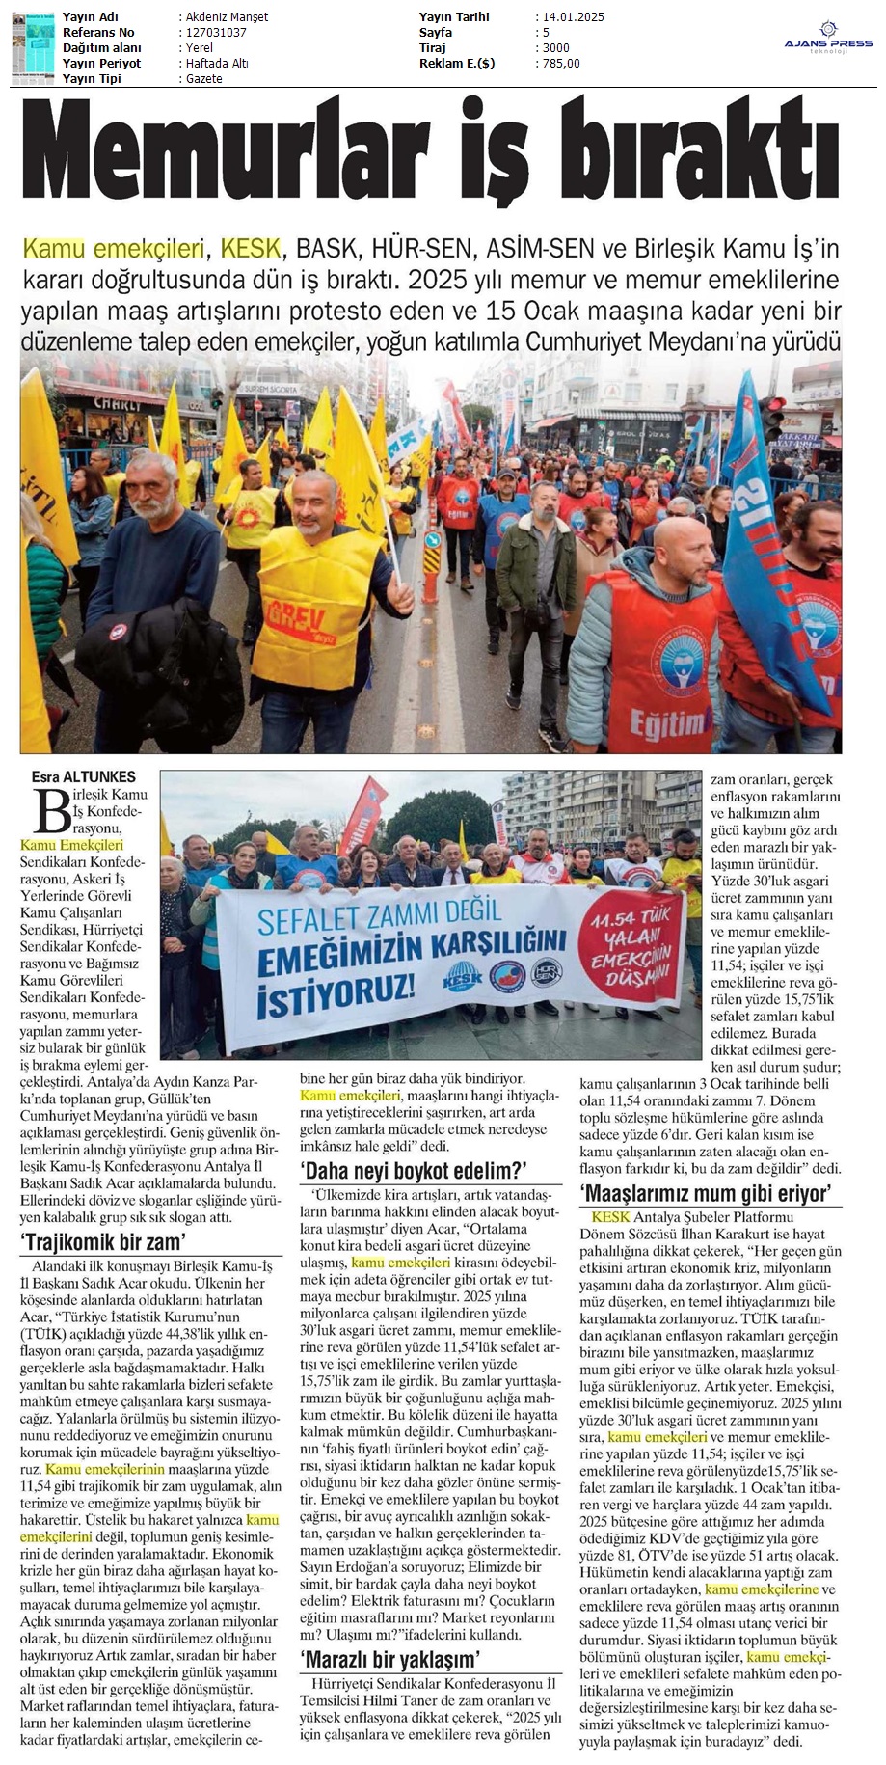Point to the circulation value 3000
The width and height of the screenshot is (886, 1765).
555,48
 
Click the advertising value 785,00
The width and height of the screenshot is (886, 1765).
561,64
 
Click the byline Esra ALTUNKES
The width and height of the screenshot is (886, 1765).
84,776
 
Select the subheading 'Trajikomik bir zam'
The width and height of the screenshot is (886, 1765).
103,1240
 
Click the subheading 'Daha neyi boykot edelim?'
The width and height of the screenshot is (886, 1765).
415,1171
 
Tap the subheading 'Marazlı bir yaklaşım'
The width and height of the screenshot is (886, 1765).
390,1660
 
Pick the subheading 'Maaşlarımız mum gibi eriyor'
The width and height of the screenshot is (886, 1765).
706,1193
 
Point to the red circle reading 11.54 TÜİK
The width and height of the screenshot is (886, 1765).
631,951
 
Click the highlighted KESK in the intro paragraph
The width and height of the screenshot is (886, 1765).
249,250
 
